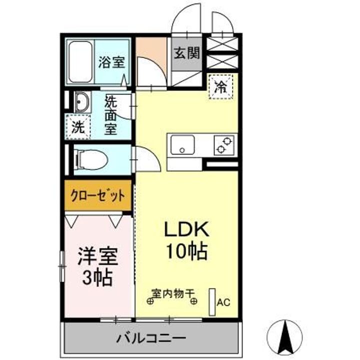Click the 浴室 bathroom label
pyautogui.click(x=111, y=63)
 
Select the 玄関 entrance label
pyautogui.click(x=186, y=53)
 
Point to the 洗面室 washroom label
pyautogui.click(x=110, y=115)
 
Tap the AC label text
pyautogui.click(x=223, y=302)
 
